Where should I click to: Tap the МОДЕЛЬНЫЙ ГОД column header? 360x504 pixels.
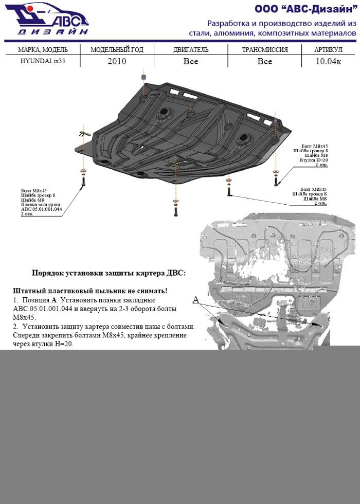(x=117, y=50)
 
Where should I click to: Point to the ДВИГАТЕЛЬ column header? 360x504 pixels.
(x=191, y=50)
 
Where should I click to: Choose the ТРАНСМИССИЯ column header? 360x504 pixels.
(x=264, y=50)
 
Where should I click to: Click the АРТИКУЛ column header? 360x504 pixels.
(x=328, y=50)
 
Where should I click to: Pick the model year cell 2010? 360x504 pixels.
(x=117, y=61)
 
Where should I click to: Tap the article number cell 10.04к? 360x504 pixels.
(x=328, y=61)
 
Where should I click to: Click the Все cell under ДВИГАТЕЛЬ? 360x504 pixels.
(x=191, y=61)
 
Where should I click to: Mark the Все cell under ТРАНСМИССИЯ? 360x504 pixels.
(x=264, y=61)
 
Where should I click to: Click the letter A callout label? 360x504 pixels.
(x=195, y=299)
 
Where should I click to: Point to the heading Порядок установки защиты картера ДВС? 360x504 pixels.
(x=109, y=273)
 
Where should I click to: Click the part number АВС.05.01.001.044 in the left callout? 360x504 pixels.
(x=41, y=209)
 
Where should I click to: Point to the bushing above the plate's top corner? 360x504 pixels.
(x=143, y=78)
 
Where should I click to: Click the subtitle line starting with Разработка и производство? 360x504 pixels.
(x=281, y=24)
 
